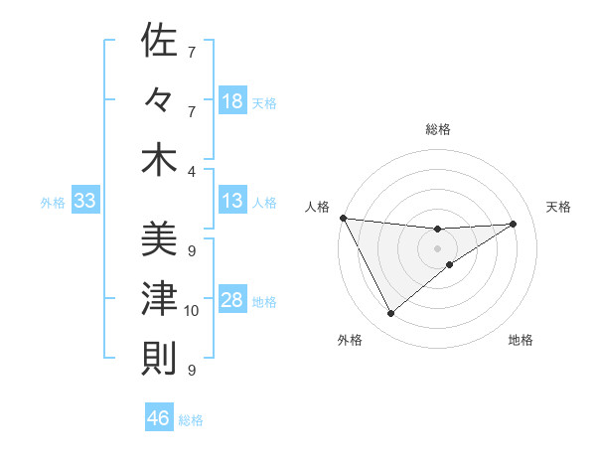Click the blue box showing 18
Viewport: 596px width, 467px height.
click(x=231, y=100)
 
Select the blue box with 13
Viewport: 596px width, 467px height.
click(x=231, y=201)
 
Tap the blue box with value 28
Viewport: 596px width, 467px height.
click(x=231, y=301)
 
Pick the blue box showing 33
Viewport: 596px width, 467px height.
click(x=84, y=202)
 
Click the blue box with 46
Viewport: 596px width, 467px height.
click(x=158, y=418)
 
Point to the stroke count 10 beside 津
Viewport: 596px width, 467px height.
click(x=191, y=311)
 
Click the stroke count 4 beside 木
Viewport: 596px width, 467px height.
click(x=191, y=171)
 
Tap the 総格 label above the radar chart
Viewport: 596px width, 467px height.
click(x=438, y=129)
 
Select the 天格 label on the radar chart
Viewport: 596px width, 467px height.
click(x=558, y=207)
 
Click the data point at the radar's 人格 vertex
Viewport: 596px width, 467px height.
click(x=343, y=218)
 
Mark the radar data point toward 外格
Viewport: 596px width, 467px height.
click(x=390, y=314)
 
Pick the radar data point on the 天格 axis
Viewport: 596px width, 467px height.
click(x=513, y=224)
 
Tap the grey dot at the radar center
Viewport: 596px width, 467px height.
click(x=437, y=247)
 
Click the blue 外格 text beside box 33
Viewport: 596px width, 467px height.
click(x=53, y=203)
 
